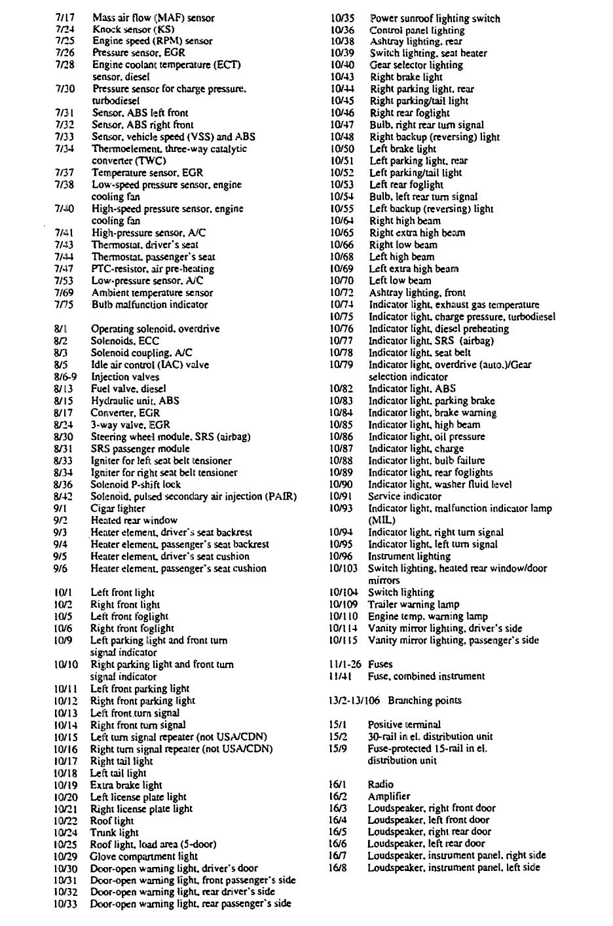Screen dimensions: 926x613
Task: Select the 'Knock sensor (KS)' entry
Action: coord(132,29)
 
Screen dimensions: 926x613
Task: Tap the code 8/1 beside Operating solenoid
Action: coord(62,329)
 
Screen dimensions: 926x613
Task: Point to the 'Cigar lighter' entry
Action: coord(118,508)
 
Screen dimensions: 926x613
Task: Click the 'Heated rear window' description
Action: coord(134,520)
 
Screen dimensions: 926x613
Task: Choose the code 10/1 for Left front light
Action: coord(63,593)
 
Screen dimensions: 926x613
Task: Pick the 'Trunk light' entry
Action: coord(114,832)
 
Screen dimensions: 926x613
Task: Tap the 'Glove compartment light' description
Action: coord(143,856)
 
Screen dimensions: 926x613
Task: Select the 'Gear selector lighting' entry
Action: coord(416,65)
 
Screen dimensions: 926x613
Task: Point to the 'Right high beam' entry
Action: coord(405,221)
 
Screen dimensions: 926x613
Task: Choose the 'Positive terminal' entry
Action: coord(404,724)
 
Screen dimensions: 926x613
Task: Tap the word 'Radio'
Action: coord(381,784)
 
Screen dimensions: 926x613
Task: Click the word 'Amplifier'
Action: coord(389,796)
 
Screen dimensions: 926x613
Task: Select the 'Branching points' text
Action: coord(424,700)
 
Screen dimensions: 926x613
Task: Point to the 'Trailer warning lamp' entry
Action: coord(413,604)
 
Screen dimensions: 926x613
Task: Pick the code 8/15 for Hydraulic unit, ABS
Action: coord(63,401)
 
